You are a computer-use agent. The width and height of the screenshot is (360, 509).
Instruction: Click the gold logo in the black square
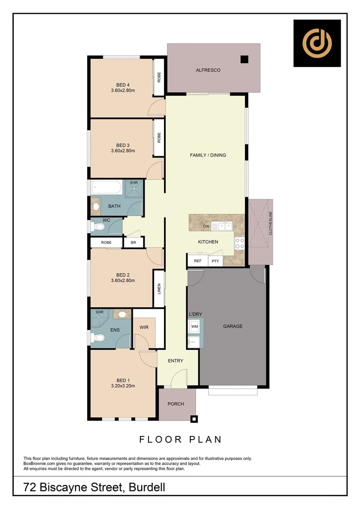317,43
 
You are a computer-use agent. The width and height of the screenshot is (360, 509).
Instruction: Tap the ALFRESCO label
208,70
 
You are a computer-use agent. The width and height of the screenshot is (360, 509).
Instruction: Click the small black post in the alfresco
244,59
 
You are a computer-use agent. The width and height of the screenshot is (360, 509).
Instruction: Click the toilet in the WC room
98,227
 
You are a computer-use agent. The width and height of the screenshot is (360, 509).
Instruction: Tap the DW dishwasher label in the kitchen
205,227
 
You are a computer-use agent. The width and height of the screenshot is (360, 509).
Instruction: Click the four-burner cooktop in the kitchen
240,243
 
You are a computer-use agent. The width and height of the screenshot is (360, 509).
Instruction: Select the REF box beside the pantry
197,261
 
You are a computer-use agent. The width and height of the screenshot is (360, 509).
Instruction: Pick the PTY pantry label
215,261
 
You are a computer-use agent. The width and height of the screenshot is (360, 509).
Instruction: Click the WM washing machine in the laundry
195,326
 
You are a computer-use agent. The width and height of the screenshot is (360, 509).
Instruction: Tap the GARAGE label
233,326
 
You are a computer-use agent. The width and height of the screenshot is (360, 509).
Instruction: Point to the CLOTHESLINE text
270,224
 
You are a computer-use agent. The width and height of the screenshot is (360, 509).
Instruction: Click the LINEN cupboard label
159,288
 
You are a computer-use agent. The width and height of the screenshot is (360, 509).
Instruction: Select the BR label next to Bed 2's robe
133,242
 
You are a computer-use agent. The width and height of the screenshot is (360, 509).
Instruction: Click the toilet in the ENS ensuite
98,337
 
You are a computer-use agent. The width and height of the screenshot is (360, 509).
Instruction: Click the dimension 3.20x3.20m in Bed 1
123,386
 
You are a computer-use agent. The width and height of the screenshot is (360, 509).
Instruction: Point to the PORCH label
176,404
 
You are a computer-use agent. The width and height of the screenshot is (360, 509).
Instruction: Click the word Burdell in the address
147,487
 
